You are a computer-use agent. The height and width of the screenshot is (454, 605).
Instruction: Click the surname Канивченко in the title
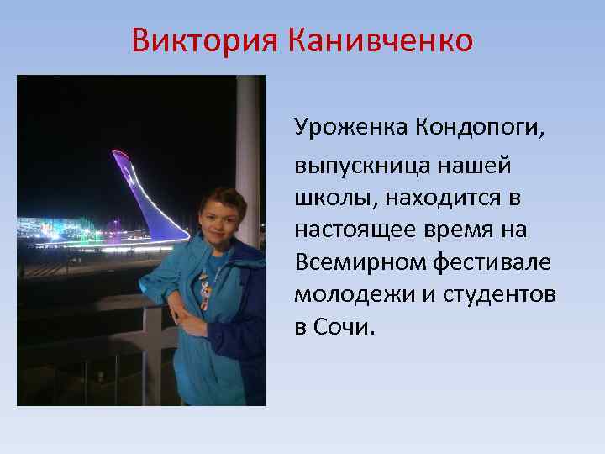[x=381, y=40]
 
